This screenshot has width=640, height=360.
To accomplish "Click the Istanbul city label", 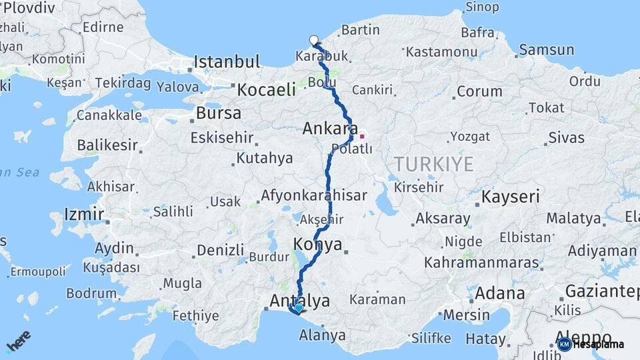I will coord(227,63).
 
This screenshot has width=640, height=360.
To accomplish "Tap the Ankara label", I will coord(330,128).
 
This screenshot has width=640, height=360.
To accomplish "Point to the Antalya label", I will coord(299,301).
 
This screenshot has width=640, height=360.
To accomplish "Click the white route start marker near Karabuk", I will coord(314,40).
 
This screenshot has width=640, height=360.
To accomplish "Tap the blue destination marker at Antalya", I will coord(297,308).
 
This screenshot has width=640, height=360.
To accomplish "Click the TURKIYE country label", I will coord(433,164).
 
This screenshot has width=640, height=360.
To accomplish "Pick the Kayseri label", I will coord(510,197).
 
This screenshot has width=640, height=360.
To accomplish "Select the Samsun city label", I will coord(546,50).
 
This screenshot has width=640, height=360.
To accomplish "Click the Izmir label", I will coord(83,215).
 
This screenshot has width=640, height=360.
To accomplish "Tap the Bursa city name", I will coord(219,113).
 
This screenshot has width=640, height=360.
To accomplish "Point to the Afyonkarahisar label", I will coord(314,196).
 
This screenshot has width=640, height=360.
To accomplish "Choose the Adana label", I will coord(499,293).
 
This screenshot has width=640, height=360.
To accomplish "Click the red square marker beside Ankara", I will coord(362,136).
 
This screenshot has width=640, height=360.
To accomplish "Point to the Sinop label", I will coord(481,7).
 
